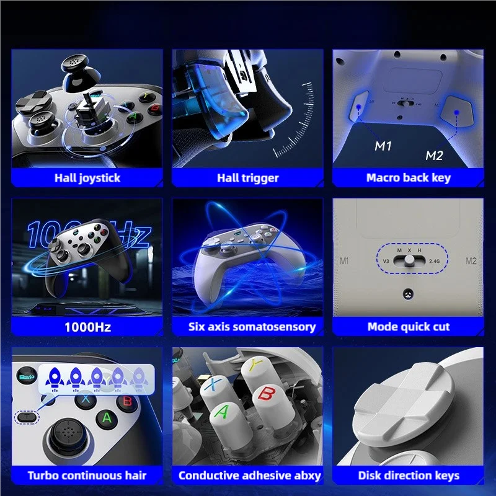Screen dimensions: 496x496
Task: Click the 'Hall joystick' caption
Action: coord(87,178)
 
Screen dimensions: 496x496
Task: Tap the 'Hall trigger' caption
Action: coord(247,178)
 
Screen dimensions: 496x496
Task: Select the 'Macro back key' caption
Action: coord(408,178)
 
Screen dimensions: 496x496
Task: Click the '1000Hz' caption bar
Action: coord(87,327)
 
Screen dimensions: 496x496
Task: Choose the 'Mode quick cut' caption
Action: coord(408,327)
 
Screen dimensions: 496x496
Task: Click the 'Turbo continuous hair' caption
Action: coord(87,476)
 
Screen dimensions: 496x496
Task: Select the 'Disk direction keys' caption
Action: coord(408,476)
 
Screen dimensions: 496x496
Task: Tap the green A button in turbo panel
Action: coord(107,418)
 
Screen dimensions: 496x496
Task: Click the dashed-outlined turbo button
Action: coord(26,417)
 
